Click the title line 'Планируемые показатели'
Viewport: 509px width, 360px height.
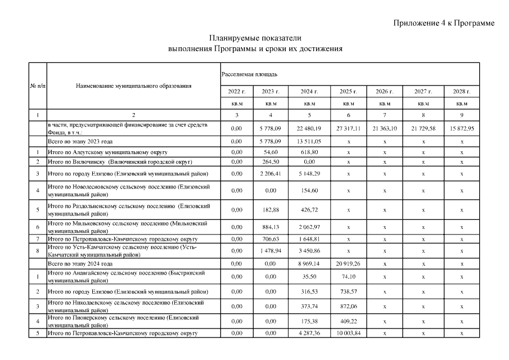click(255, 38)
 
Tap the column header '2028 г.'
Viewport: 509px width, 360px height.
click(462, 91)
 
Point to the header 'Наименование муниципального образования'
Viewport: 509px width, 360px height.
click(133, 86)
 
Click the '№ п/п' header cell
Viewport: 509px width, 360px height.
click(37, 86)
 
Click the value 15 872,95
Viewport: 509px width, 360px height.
click(462, 128)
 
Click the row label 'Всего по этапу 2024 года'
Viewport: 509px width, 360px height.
click(80, 263)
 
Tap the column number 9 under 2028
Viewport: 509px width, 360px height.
click(462, 115)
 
